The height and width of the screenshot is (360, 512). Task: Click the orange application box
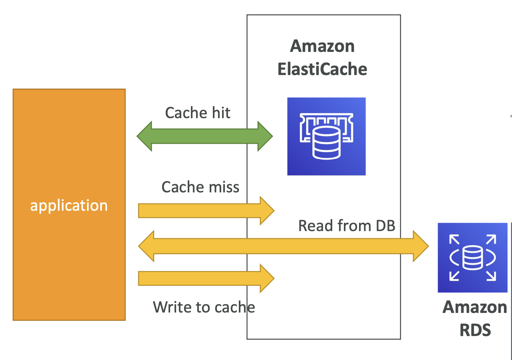[x=69, y=205]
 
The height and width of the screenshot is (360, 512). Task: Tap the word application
[x=69, y=206]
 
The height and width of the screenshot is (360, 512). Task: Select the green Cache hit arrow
[x=204, y=136]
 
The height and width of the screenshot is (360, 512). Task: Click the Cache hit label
[x=198, y=113]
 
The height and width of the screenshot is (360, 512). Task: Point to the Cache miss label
[x=200, y=187]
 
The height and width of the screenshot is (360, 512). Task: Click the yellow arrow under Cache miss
[x=206, y=211]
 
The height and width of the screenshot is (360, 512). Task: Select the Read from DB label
[x=347, y=225]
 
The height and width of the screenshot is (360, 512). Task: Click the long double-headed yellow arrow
[x=284, y=246]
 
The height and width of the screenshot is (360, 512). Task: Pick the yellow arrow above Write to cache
[x=206, y=278]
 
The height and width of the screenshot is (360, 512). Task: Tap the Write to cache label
[x=204, y=307]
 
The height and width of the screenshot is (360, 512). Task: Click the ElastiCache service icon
[x=326, y=136]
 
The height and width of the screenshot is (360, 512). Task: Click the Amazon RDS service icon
[x=472, y=257]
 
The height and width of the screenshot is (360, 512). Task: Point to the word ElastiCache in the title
[x=322, y=69]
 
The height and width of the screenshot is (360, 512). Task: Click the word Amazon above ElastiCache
[x=322, y=46]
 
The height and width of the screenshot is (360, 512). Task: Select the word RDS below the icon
[x=475, y=330]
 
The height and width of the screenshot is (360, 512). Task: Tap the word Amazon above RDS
[x=475, y=307]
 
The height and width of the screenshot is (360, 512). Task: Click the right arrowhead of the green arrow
[x=265, y=136]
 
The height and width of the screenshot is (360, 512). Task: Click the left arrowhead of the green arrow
[x=144, y=136]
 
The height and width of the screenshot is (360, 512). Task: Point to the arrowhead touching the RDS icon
[x=421, y=246]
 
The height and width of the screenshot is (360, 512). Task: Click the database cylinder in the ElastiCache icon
[x=326, y=143]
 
